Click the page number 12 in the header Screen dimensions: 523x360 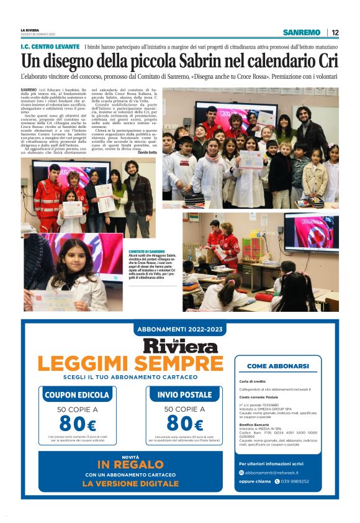click(x=335, y=32)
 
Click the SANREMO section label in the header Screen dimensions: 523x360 click(x=302, y=32)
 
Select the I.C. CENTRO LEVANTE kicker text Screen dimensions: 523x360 click(x=50, y=47)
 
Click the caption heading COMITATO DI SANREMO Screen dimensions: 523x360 click(x=147, y=251)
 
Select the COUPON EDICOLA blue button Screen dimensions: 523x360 click(x=77, y=394)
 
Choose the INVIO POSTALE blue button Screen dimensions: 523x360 click(x=184, y=394)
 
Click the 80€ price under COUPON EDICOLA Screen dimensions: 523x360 click(x=77, y=424)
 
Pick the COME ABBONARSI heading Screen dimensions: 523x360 click(x=277, y=366)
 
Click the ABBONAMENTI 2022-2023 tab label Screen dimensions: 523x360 click(x=180, y=329)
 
